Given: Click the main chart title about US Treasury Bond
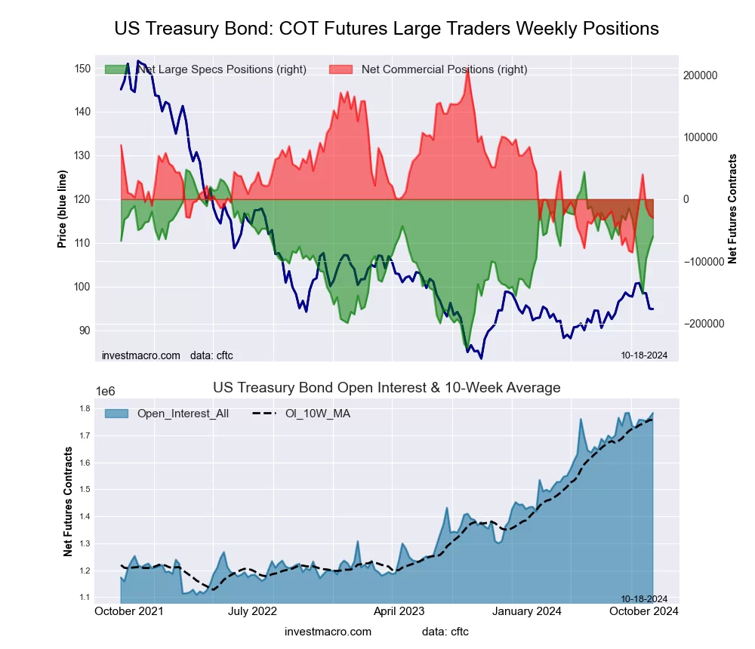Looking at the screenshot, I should tap(387, 29).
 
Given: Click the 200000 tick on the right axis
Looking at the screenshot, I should tap(700, 75).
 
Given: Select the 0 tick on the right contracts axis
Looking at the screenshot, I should tap(686, 199).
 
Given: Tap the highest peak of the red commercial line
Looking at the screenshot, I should tap(468, 70).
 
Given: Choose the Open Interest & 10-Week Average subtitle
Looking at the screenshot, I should tap(387, 388).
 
